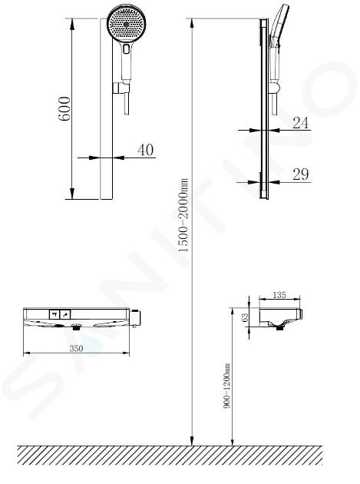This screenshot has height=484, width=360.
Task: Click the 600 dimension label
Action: (x=64, y=108)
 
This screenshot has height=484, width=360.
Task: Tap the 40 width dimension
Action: (x=145, y=150)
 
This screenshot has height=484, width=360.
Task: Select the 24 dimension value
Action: (x=300, y=123)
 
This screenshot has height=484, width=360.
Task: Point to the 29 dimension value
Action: (x=300, y=174)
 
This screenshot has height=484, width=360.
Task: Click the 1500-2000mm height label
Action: (x=183, y=215)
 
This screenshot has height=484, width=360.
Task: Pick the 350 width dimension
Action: (x=76, y=348)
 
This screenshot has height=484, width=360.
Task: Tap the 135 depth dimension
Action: (x=279, y=295)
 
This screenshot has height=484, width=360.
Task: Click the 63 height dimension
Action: (x=245, y=317)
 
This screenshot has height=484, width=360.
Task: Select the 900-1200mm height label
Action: (x=227, y=386)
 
